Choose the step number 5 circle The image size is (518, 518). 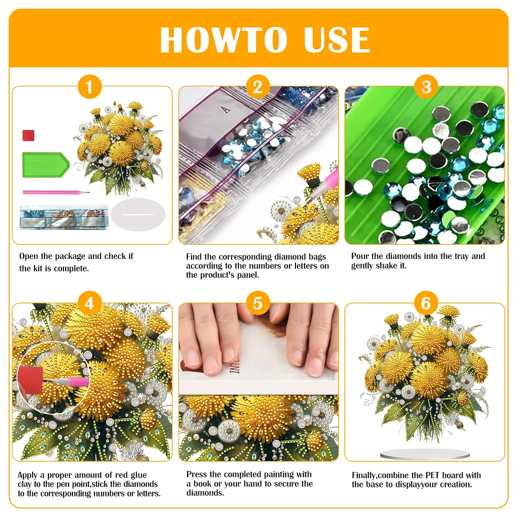[258, 303]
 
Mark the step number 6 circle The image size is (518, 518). [426, 303]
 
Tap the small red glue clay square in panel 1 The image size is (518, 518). [29, 135]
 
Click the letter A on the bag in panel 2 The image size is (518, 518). [227, 109]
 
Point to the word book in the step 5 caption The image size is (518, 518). [203, 484]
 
